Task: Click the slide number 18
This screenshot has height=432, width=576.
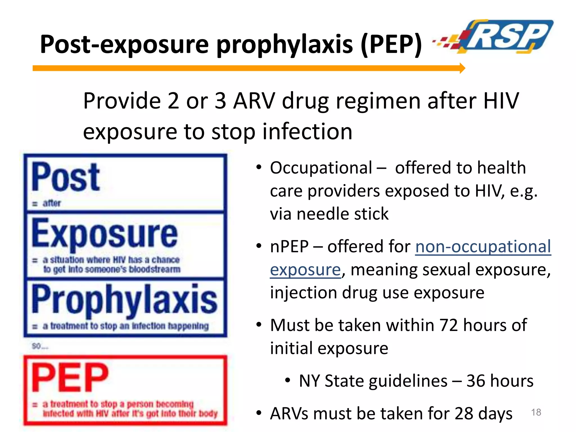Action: point(536,412)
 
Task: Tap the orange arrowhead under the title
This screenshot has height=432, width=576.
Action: point(462,68)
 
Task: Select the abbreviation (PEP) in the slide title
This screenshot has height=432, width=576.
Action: point(391,44)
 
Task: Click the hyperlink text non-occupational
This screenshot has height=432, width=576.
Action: point(483,247)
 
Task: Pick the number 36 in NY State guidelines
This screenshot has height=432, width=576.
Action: point(476,381)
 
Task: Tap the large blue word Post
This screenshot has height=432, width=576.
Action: point(66,177)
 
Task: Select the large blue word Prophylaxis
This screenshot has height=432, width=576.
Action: point(124,300)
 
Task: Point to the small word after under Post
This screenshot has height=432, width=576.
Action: point(52,203)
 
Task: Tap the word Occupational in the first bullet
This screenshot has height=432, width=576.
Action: point(321,168)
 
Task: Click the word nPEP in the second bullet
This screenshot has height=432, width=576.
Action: point(289,247)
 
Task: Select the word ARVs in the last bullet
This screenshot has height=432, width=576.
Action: point(290,414)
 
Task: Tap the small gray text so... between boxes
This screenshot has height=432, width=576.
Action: point(40,346)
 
